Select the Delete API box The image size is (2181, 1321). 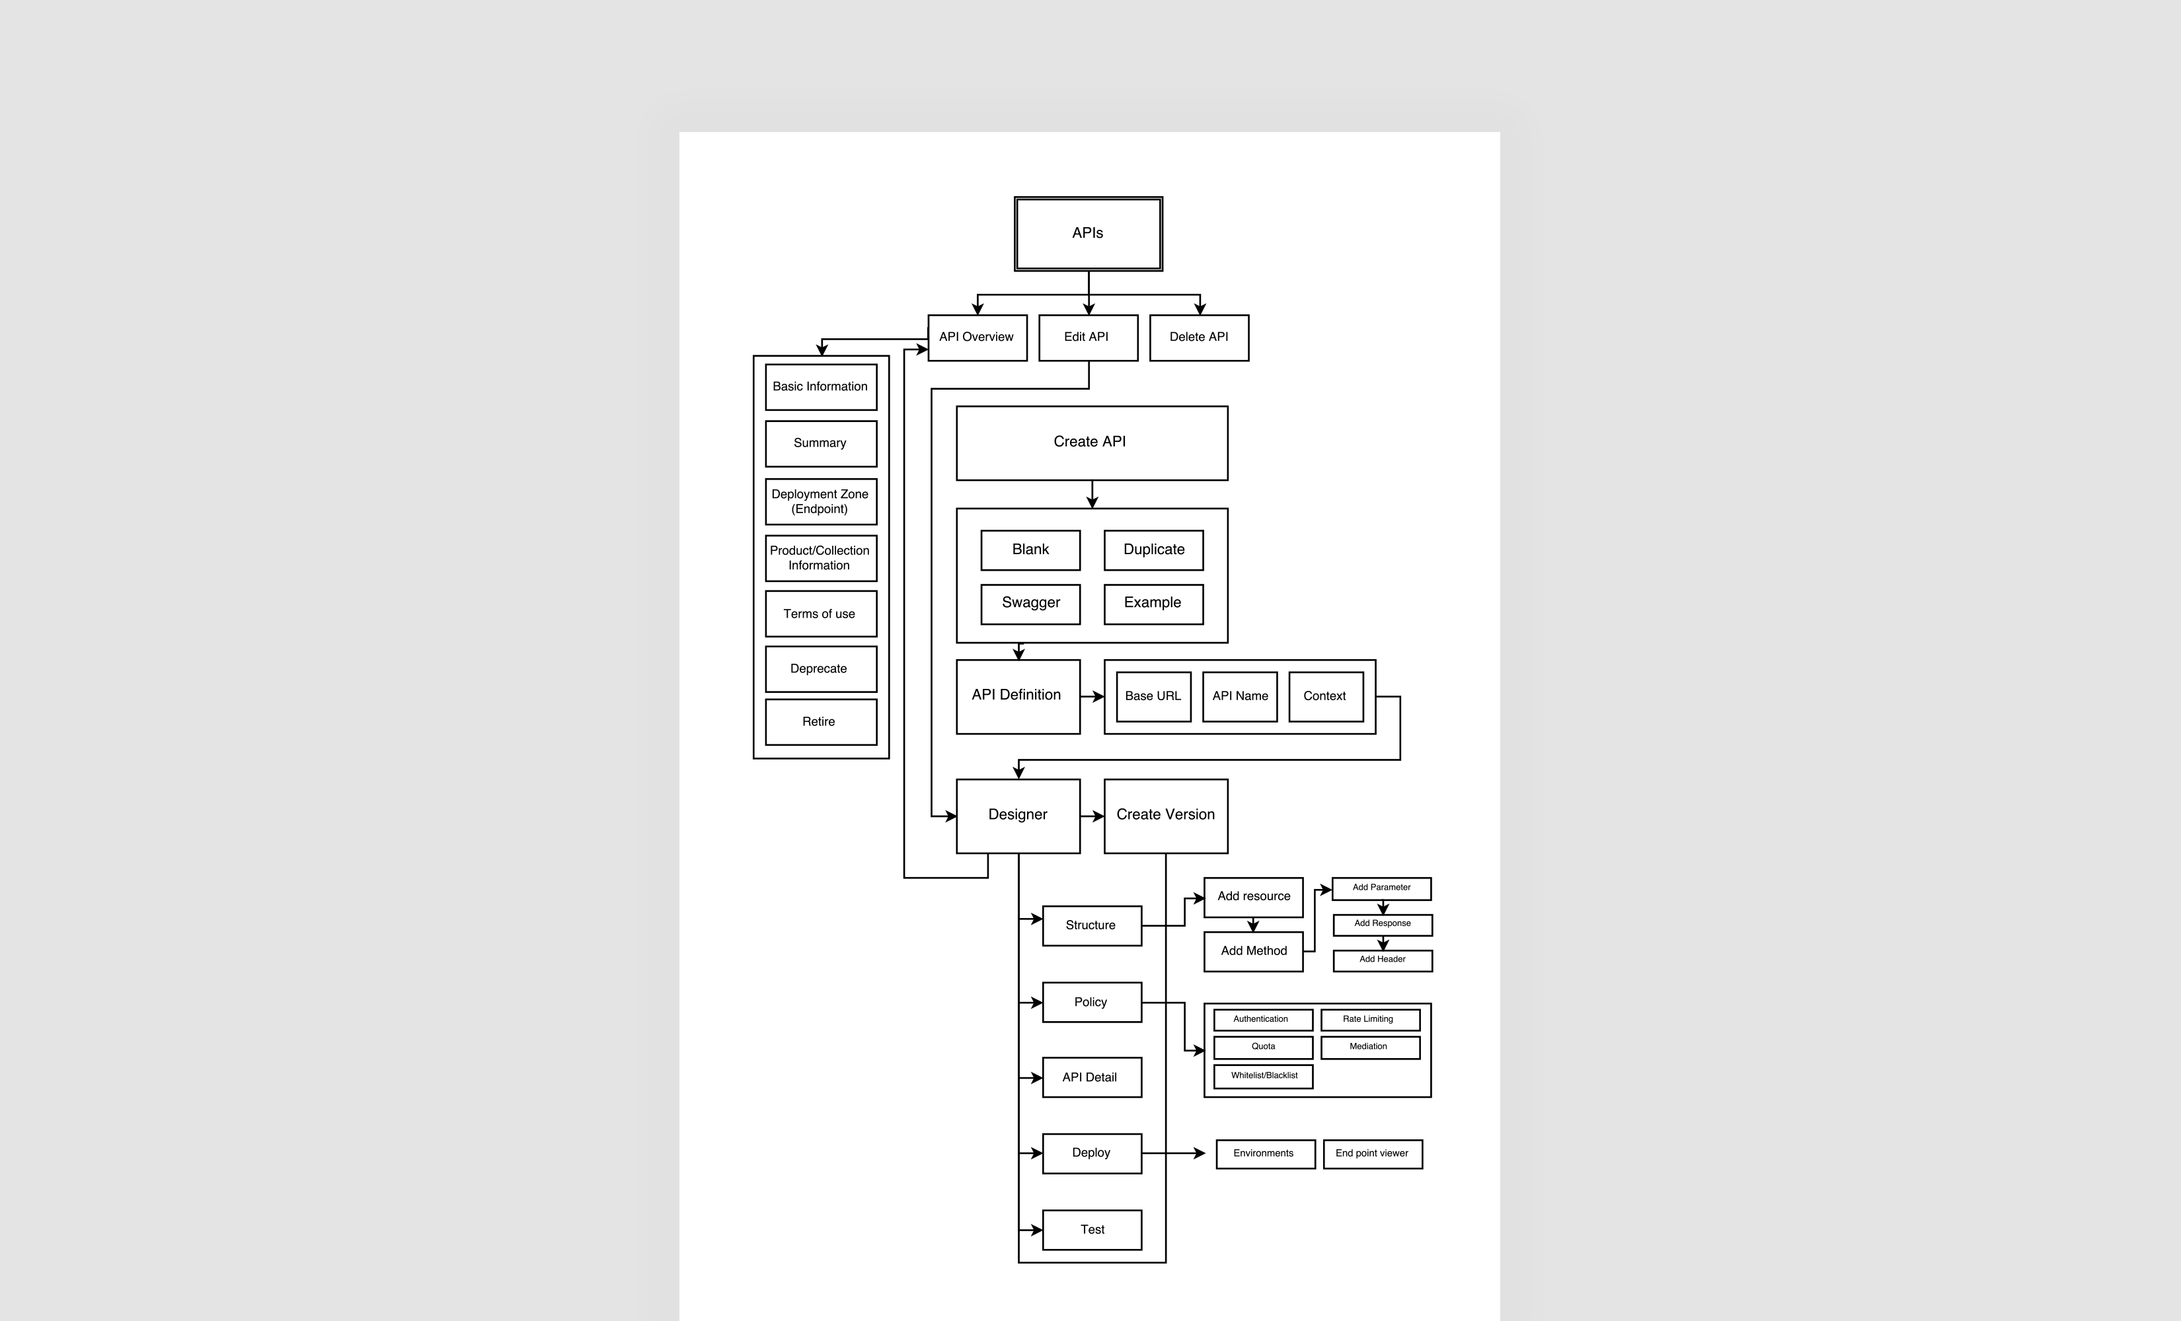tap(1198, 337)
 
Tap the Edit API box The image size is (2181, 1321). tap(1087, 337)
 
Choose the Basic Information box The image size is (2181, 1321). tap(821, 386)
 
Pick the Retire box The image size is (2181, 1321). tap(821, 722)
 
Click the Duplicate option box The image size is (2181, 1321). tap(1153, 550)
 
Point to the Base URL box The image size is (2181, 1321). tap(1153, 696)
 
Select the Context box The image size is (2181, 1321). tap(1325, 696)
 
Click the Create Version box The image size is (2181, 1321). tap(1166, 815)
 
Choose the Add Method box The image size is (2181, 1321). tap(1253, 951)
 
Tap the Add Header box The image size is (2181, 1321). tap(1383, 960)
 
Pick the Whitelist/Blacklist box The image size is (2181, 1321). tap(1263, 1076)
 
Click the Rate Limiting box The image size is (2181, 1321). tap(1369, 1019)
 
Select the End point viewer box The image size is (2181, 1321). tap(1372, 1154)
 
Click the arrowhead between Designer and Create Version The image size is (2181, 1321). tap(1098, 816)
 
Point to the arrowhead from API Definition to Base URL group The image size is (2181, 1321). tap(1098, 696)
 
